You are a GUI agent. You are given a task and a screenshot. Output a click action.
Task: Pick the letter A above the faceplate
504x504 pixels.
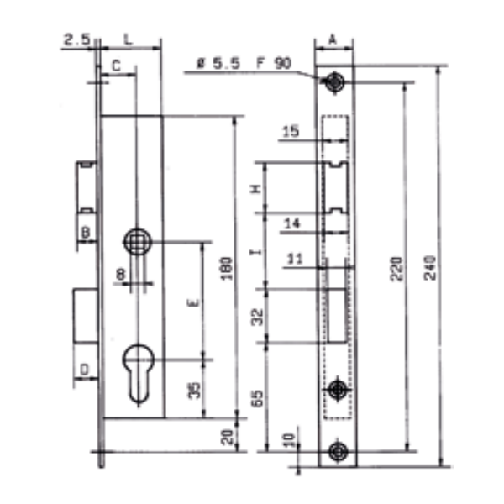333,39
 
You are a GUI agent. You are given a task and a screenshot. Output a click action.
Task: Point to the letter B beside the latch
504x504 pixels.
85,231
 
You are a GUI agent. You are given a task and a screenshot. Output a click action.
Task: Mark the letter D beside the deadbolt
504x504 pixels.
84,369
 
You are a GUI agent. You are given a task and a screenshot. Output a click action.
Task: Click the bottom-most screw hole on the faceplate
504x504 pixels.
337,450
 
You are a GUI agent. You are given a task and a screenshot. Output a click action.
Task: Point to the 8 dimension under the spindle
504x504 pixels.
121,273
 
